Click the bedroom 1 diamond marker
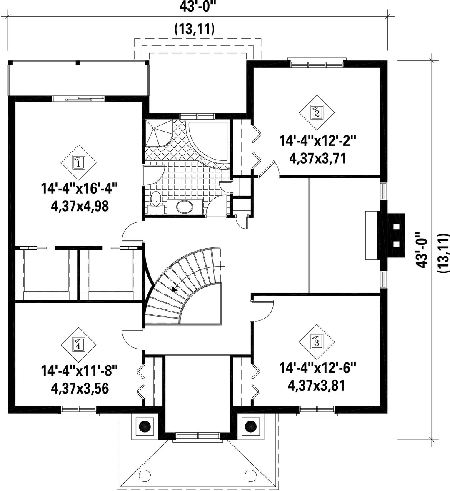tap(78, 163)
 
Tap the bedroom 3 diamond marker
tap(317, 342)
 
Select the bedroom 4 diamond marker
tap(78, 345)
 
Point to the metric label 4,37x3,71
tap(318, 158)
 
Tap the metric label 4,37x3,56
tap(80, 389)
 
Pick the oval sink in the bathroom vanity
tap(185, 207)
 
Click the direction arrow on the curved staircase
tap(174, 289)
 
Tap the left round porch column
tap(145, 426)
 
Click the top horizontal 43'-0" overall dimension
tap(198, 7)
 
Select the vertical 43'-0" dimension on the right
tap(422, 249)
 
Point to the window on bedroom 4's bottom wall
tap(79, 410)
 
